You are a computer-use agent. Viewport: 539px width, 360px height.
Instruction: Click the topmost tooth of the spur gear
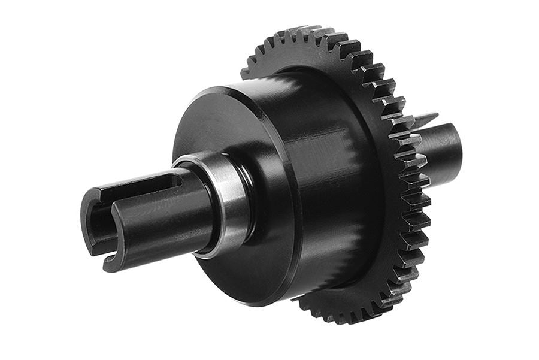point(308,30)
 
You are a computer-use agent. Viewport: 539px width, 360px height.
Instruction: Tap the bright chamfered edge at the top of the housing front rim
point(240,90)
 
